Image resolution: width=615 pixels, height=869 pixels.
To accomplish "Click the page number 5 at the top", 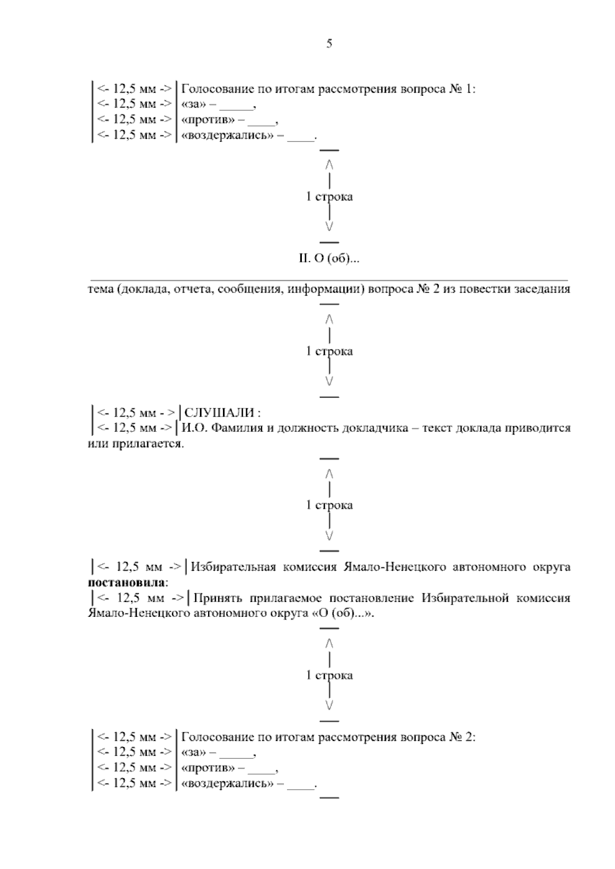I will tap(329, 44).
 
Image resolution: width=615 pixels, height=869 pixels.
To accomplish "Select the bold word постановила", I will tap(127, 583).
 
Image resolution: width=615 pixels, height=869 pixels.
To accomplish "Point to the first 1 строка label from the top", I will tap(329, 197).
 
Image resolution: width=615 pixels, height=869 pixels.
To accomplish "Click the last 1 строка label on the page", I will tap(329, 675).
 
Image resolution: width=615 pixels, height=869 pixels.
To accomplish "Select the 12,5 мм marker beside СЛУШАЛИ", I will tap(135, 413).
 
